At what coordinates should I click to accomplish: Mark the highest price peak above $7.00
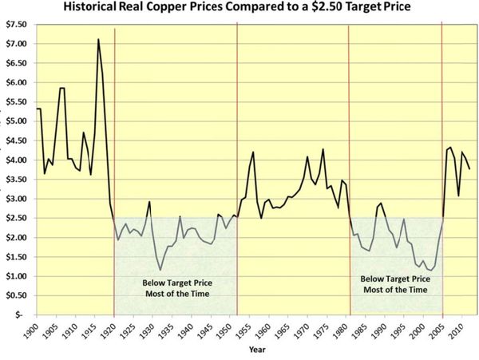tap(98, 39)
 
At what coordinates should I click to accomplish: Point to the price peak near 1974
tap(323, 149)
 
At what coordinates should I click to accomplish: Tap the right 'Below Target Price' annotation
tap(395, 283)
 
